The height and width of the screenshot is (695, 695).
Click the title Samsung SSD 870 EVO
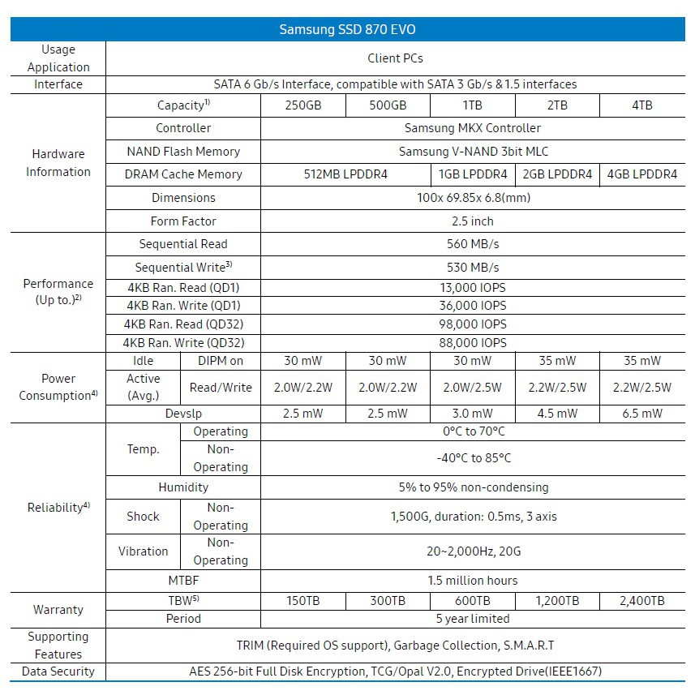coord(348,29)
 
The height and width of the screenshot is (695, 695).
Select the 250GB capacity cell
coord(303,105)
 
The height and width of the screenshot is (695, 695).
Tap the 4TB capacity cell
coord(641,105)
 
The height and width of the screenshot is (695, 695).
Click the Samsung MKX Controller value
coord(472,128)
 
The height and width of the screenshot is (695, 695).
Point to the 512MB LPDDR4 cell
coord(345,174)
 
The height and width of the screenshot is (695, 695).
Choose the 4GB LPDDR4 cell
coord(641,174)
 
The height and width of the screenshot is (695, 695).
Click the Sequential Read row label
coord(183,244)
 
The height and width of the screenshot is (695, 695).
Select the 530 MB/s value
coord(472,267)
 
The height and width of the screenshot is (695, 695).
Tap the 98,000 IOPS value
coord(472,324)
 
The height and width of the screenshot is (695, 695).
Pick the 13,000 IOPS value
coord(472,286)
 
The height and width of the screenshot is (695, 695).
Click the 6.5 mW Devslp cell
coord(641,414)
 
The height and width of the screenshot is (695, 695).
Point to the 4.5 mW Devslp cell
coord(557,414)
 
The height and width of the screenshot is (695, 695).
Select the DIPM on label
coord(221,361)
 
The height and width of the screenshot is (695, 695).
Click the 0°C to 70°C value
coord(472,431)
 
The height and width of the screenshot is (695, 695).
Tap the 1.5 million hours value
coord(472,581)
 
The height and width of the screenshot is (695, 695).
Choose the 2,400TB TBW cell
coord(641,601)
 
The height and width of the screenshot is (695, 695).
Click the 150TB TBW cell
coord(303,601)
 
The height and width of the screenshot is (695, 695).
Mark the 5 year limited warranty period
coord(472,619)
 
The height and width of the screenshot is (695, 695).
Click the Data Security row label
coord(58,671)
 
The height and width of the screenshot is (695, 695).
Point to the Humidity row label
coord(183,487)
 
